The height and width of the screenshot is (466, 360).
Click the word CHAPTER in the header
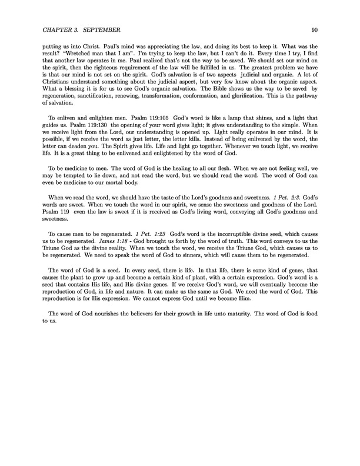(58, 29)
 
